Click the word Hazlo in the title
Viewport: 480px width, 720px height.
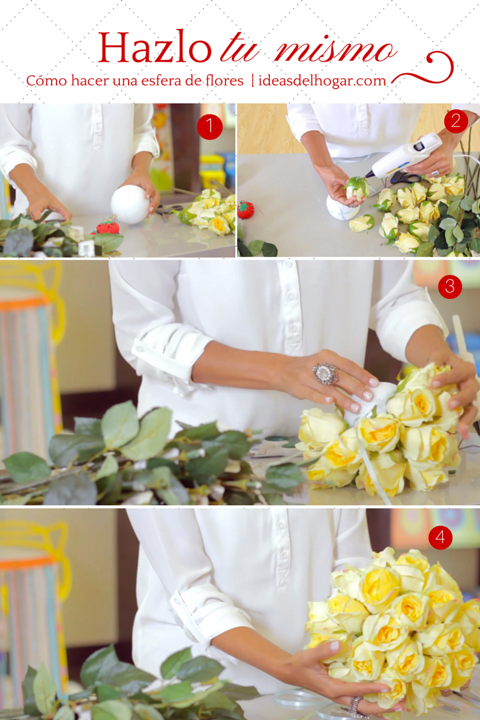(x=155, y=47)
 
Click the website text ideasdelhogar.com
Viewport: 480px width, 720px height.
(x=322, y=80)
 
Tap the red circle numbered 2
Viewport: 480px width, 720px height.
(x=456, y=121)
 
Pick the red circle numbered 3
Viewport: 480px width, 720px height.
(x=450, y=286)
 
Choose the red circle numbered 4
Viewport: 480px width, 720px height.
(x=440, y=537)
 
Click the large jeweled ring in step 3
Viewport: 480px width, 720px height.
(x=326, y=373)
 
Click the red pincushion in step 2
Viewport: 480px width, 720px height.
(x=245, y=210)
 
